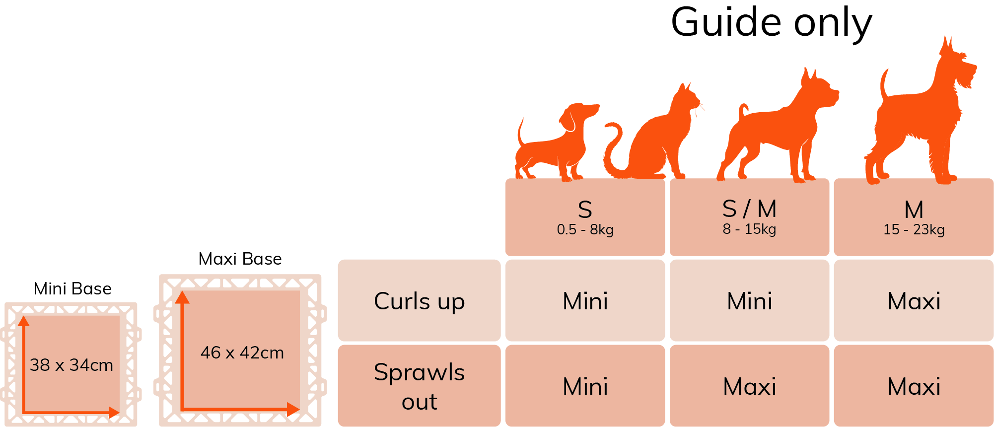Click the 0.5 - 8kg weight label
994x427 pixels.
(585, 230)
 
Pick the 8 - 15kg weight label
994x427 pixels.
(749, 229)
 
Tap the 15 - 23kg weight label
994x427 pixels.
(914, 230)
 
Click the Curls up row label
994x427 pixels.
(419, 301)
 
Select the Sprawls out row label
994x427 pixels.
(419, 386)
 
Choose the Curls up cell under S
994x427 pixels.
(585, 301)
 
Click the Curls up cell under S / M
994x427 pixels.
(749, 301)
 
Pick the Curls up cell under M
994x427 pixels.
(914, 301)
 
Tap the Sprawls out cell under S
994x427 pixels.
(585, 386)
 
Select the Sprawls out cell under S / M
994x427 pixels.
(749, 386)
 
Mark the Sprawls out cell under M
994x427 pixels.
(914, 386)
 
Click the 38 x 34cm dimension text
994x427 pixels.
(71, 365)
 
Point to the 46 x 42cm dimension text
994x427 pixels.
(242, 353)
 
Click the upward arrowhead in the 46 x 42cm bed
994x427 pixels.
(183, 297)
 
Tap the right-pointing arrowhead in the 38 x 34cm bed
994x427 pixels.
(114, 412)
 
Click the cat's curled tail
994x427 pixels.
(614, 149)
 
